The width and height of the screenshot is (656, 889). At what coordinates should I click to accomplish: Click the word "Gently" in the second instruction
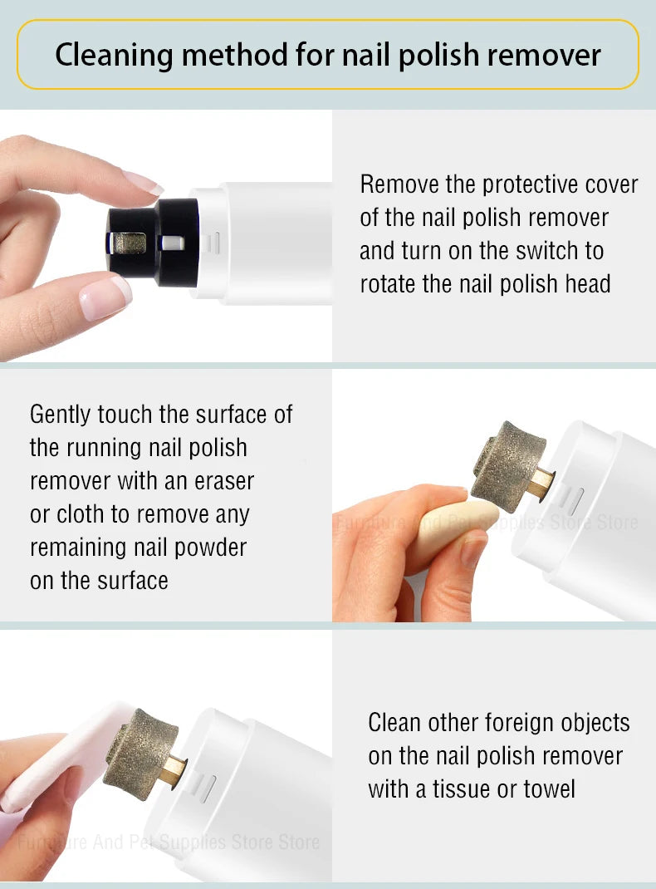tap(61, 415)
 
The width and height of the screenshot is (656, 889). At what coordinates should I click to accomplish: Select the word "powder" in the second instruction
tap(211, 548)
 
